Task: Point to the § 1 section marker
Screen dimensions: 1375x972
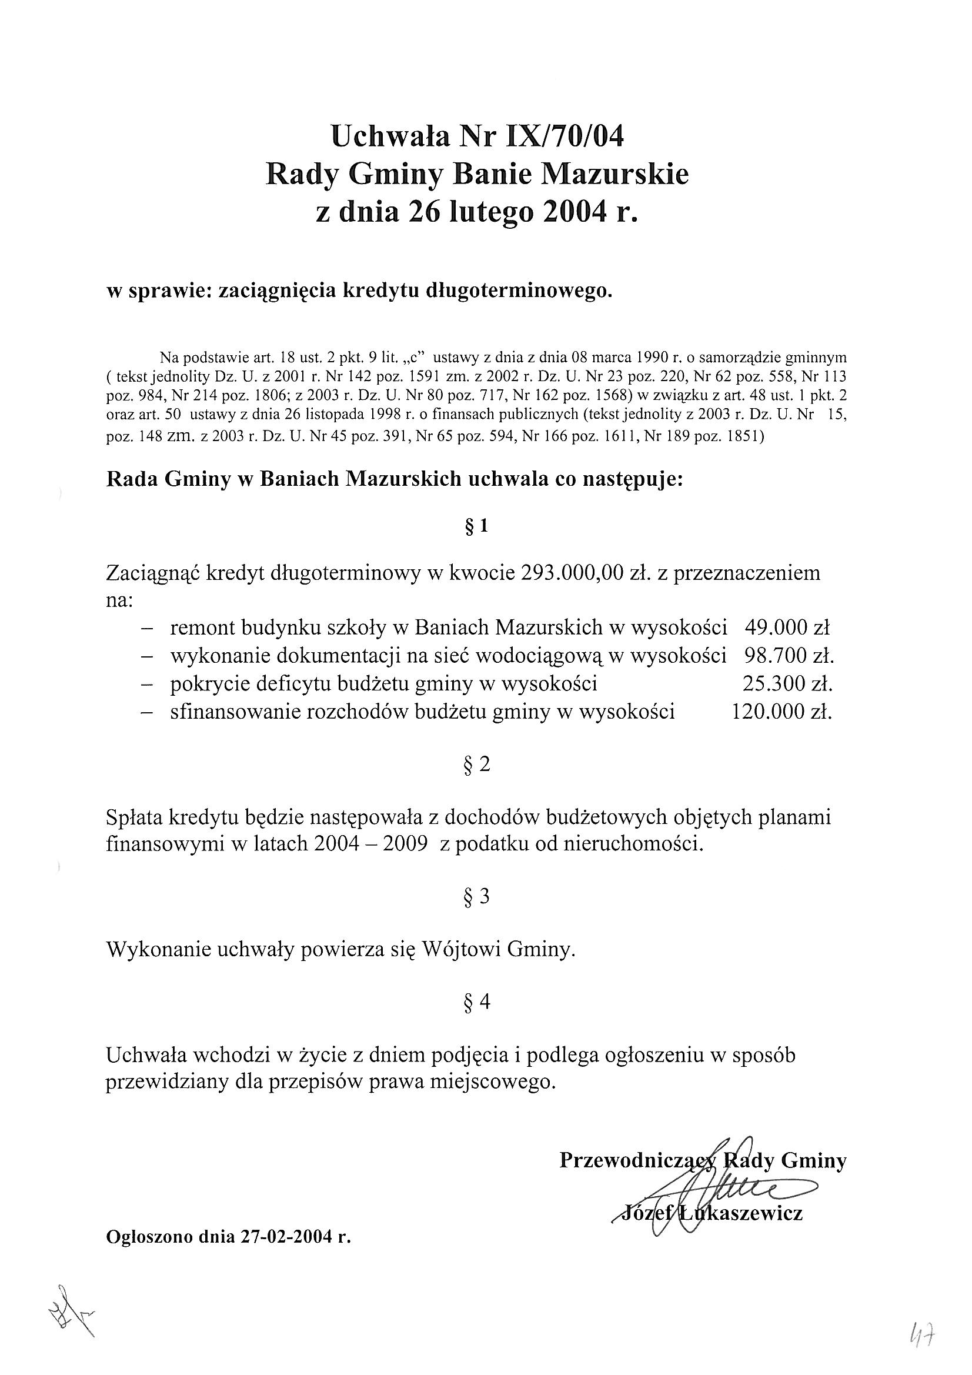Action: [x=477, y=526]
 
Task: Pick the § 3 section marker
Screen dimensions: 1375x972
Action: [x=477, y=896]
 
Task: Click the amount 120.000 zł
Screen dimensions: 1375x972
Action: [x=781, y=712]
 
